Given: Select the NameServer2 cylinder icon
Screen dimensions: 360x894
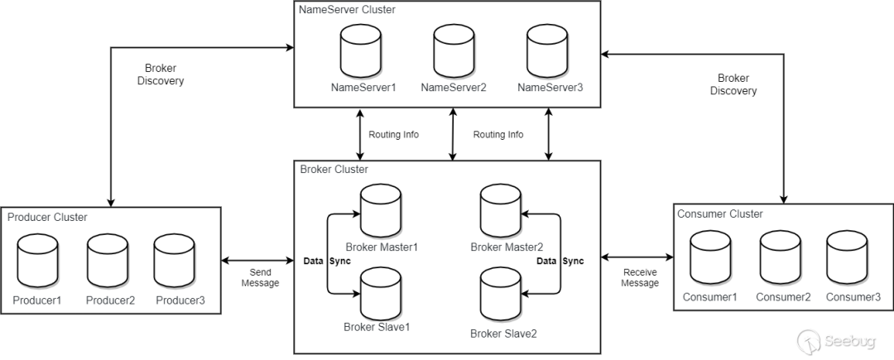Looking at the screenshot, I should click(x=454, y=52).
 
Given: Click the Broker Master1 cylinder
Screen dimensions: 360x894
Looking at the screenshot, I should click(x=381, y=214).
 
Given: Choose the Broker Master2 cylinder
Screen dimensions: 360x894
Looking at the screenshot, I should click(x=501, y=214).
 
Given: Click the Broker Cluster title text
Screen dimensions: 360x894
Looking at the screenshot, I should click(x=334, y=170).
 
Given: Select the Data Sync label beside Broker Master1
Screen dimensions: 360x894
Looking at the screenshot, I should click(x=327, y=262).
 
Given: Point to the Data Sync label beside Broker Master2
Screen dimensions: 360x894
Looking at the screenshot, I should click(x=560, y=262).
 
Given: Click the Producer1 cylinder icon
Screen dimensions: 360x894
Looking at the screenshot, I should click(x=37, y=262).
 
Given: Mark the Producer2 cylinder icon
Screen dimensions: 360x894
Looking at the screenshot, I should click(x=108, y=262).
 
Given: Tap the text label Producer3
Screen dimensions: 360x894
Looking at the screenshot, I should click(x=180, y=300).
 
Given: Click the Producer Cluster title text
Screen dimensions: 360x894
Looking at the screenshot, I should click(x=47, y=217).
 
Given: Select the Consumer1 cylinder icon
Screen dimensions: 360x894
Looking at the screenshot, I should click(x=710, y=258).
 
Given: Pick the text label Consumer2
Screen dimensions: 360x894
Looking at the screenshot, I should click(x=782, y=297).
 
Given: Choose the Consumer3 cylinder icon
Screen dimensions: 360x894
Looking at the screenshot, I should click(x=847, y=258).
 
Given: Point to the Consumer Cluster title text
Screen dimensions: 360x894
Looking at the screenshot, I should click(x=720, y=214).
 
